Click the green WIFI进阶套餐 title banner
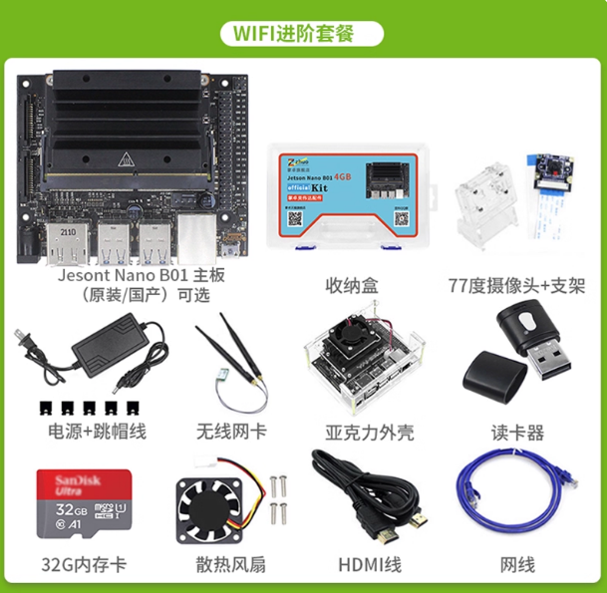coord(304,30)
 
